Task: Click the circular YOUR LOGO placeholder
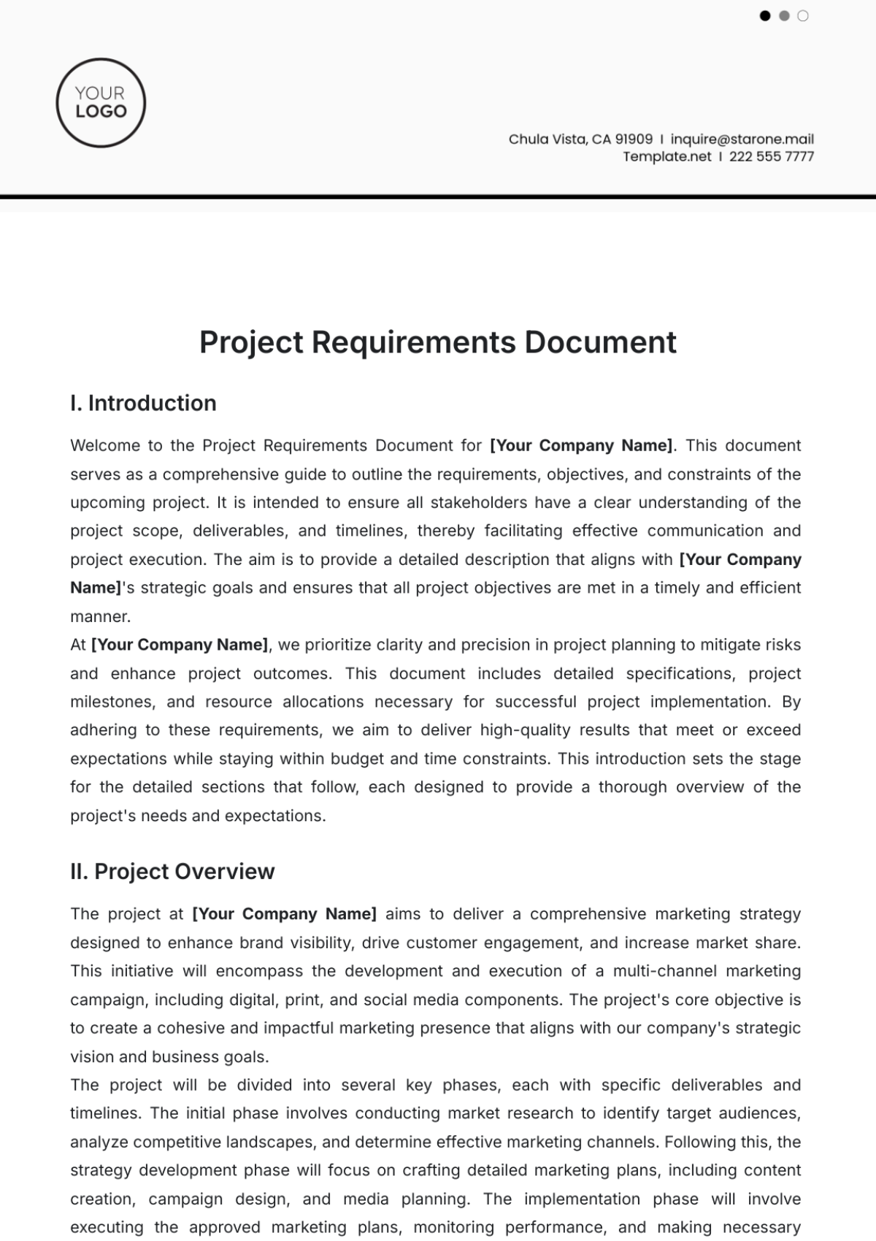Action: (x=101, y=103)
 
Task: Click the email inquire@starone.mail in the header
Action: (x=742, y=139)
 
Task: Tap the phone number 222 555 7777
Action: (x=771, y=156)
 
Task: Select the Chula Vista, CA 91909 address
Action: (x=580, y=139)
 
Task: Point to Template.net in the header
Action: (x=666, y=156)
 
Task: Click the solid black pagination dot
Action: (x=765, y=15)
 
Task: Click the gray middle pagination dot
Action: (x=784, y=15)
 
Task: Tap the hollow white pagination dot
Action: (x=803, y=15)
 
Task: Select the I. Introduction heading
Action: (x=143, y=403)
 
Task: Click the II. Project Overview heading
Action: (x=172, y=872)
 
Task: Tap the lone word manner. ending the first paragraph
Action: (x=100, y=616)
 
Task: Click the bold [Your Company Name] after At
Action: (x=180, y=645)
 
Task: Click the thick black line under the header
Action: (x=438, y=196)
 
